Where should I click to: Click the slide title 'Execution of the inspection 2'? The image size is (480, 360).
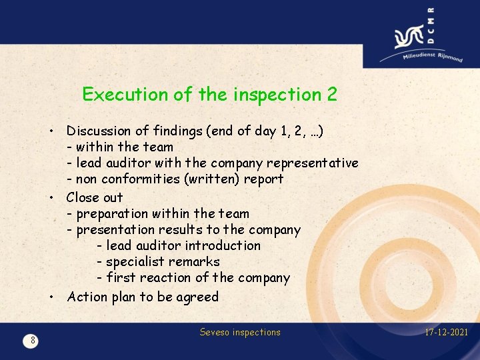point(209,95)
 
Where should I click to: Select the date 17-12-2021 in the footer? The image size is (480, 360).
point(447,332)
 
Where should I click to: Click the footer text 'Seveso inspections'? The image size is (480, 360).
point(240,332)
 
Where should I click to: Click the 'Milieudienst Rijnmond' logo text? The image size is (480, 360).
point(432,55)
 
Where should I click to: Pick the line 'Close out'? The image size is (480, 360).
point(95,197)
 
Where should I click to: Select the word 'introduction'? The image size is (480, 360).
point(223,246)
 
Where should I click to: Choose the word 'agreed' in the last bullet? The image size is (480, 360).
point(197,297)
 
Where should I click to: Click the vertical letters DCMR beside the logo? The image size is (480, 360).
point(430,25)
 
